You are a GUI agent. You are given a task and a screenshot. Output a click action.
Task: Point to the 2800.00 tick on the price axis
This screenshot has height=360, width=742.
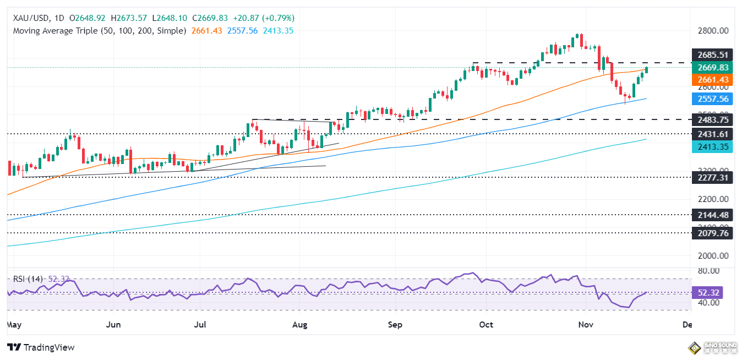click(x=709, y=31)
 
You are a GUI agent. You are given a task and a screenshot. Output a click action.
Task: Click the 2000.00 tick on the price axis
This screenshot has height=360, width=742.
click(x=709, y=256)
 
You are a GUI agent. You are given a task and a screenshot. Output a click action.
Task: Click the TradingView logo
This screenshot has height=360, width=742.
click(x=41, y=347)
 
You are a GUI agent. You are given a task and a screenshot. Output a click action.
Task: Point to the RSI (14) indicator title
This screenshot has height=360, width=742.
click(x=28, y=279)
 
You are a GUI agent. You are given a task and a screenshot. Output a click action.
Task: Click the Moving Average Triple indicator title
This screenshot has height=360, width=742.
click(x=99, y=31)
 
